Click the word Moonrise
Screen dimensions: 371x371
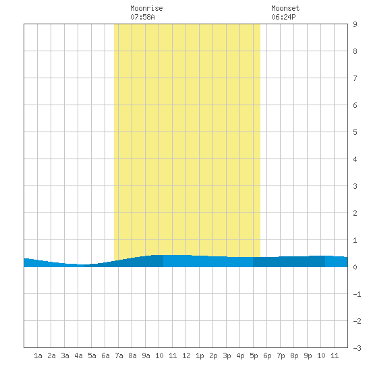point(146,8)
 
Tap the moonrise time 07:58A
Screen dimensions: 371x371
point(142,17)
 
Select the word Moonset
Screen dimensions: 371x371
point(285,8)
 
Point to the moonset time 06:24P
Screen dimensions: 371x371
point(283,17)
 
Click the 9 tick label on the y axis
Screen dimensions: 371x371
point(355,24)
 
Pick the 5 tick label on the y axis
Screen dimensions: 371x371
point(355,132)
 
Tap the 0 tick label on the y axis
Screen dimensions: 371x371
point(355,267)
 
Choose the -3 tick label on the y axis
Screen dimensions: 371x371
point(357,348)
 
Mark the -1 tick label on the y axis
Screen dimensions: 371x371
point(357,294)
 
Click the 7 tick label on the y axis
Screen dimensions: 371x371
point(355,78)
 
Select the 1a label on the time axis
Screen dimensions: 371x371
point(38,355)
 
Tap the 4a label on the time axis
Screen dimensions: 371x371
point(78,355)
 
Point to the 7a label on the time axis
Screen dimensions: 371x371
point(119,355)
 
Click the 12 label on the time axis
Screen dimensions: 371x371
point(186,355)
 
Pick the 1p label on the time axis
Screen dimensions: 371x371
point(200,355)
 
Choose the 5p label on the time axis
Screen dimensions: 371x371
point(254,355)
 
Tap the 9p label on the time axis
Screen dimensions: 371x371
point(308,355)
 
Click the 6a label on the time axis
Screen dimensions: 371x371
point(105,355)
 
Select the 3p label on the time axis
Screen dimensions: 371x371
point(227,355)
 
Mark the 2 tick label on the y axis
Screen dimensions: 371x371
point(355,213)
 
